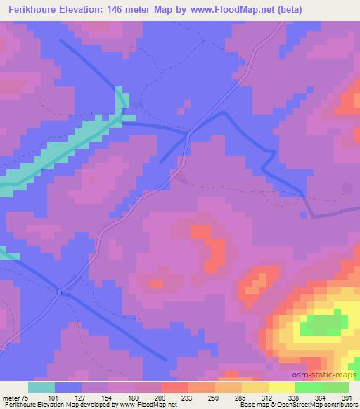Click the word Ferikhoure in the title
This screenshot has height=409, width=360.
click(x=32, y=8)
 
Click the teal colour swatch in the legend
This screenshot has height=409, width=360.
click(x=41, y=387)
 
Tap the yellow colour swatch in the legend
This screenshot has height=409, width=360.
click(x=283, y=387)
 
